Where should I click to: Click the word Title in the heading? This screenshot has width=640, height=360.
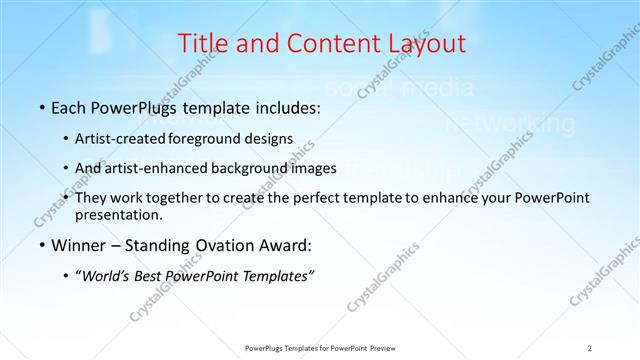[x=201, y=43]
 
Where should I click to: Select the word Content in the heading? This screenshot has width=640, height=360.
[x=315, y=43]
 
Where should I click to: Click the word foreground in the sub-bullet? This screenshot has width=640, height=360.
[x=212, y=138]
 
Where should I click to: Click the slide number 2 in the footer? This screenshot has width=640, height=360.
[x=589, y=347]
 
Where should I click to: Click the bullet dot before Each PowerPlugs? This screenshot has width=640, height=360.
[x=42, y=107]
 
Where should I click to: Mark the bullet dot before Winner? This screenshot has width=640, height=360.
[x=42, y=245]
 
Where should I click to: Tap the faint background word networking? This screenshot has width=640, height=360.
[x=510, y=125]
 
